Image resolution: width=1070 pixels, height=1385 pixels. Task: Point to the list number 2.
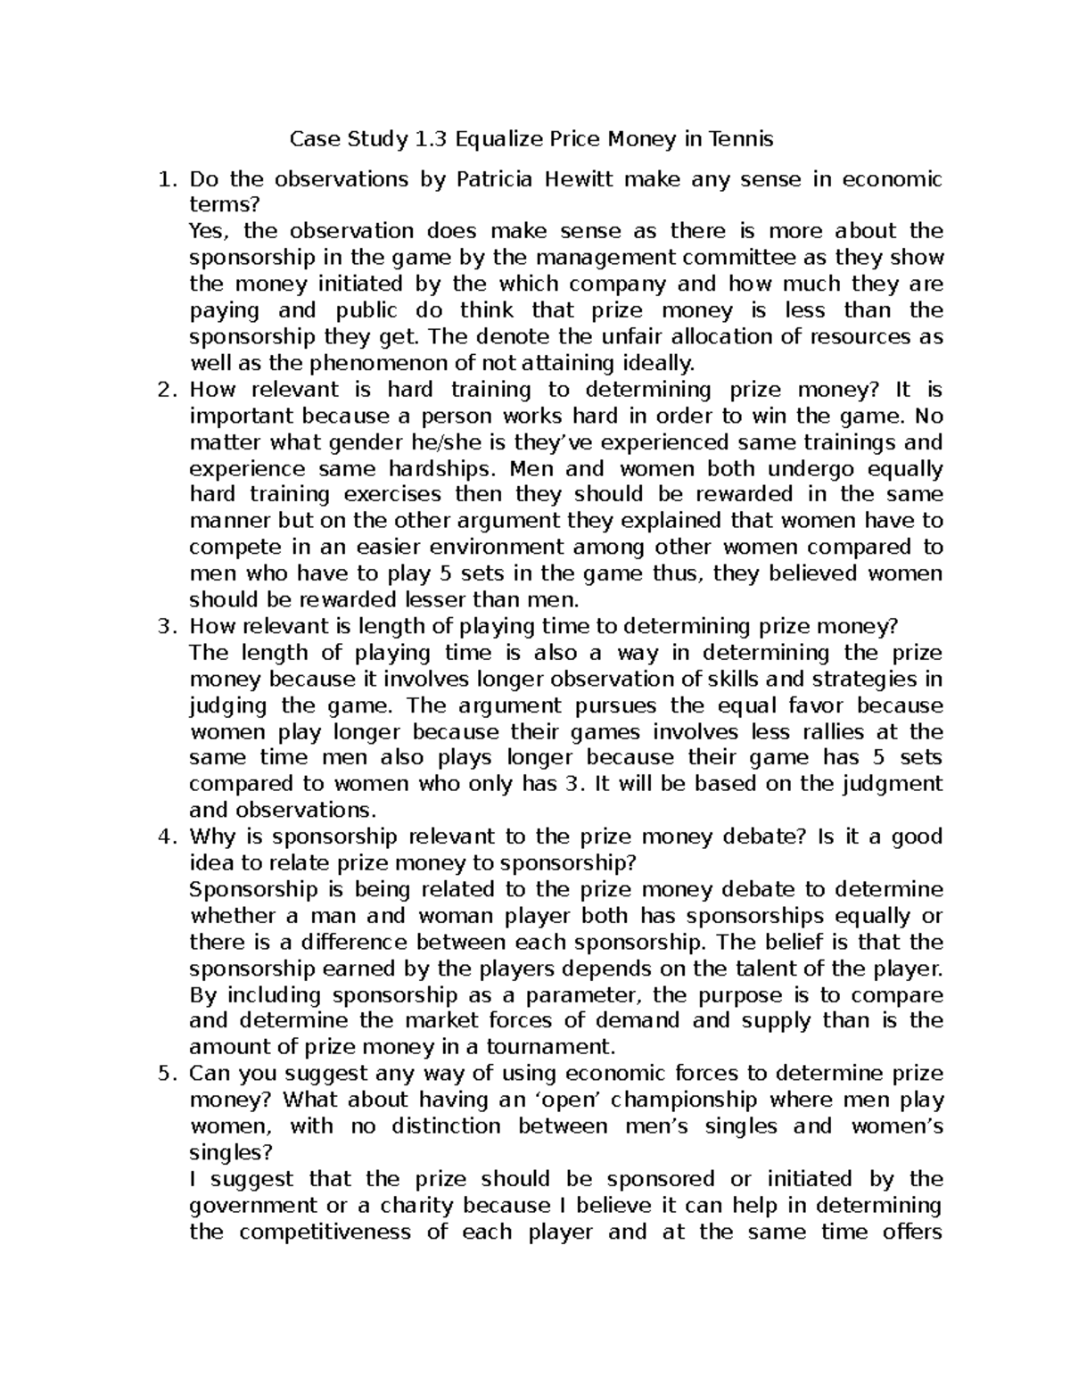(164, 390)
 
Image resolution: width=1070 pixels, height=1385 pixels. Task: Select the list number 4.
(164, 837)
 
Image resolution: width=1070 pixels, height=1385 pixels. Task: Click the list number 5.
(164, 1073)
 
